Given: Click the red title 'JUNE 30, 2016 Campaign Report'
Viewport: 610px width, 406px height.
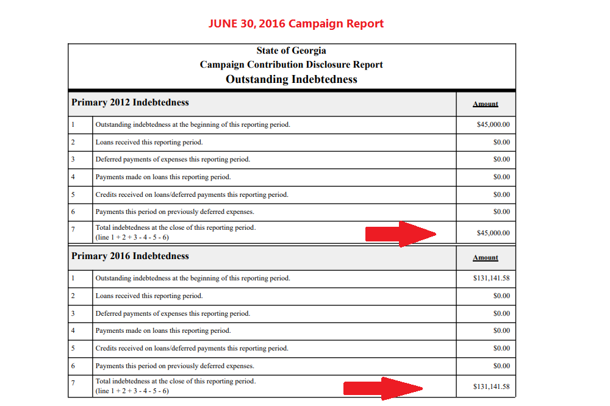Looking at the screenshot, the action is [296, 24].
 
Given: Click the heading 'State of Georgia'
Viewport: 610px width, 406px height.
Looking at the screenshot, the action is [292, 51].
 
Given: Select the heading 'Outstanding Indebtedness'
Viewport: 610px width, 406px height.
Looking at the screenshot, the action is [292, 79].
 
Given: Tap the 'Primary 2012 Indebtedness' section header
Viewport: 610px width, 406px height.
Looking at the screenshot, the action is [130, 102].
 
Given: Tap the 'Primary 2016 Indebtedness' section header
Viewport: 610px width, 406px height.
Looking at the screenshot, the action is [130, 256].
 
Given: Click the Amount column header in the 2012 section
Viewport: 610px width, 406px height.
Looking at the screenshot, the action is [486, 104].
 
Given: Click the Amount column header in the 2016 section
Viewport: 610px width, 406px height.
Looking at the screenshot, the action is [486, 257].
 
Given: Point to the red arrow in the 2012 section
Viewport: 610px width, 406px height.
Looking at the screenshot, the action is [401, 233].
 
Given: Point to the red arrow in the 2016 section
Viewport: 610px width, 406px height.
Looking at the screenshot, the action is [383, 388].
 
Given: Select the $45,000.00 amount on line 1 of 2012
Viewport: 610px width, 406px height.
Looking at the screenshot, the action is [493, 124].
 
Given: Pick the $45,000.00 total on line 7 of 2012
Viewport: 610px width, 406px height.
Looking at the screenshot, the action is [493, 233].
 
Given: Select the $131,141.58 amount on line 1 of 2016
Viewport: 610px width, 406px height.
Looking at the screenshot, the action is [491, 278].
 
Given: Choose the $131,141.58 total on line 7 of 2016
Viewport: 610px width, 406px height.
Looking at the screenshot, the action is [491, 386].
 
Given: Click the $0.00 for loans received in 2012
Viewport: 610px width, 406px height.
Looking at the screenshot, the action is [501, 142].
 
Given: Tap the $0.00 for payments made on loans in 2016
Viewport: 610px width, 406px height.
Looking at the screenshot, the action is [501, 330].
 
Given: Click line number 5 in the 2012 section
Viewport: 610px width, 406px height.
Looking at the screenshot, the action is [73, 194].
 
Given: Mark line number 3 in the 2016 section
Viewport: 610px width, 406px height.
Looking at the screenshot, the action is [73, 313].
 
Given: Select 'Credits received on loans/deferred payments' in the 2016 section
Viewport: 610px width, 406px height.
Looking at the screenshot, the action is [160, 349].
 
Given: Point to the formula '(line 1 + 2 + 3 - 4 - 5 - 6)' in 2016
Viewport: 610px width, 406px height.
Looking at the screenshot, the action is [132, 391].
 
